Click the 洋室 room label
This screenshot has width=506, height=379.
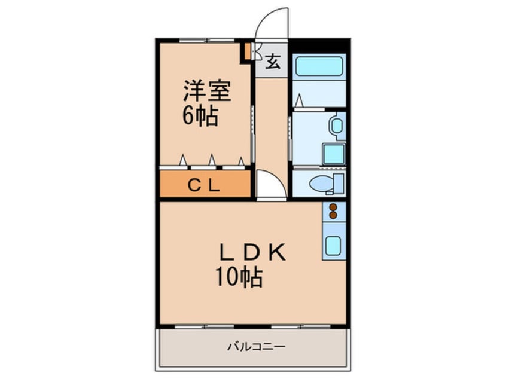(207, 91)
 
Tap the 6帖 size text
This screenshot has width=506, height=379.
(200, 116)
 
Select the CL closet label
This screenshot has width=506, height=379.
(204, 185)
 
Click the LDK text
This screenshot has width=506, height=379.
(252, 252)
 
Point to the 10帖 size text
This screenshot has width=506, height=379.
(239, 277)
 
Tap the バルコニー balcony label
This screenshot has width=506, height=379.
(257, 347)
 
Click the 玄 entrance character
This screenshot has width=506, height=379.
(273, 62)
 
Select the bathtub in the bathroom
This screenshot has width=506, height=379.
(319, 66)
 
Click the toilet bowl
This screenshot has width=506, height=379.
(321, 184)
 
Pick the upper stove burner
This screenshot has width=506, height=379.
(333, 207)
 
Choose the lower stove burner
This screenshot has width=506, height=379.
(333, 215)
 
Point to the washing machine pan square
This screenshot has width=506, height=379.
(333, 154)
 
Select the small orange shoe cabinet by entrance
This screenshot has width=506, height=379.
(247, 51)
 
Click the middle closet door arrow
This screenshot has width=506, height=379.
(212, 160)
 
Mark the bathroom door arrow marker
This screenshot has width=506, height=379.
(299, 100)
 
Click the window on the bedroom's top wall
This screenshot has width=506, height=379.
(207, 40)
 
